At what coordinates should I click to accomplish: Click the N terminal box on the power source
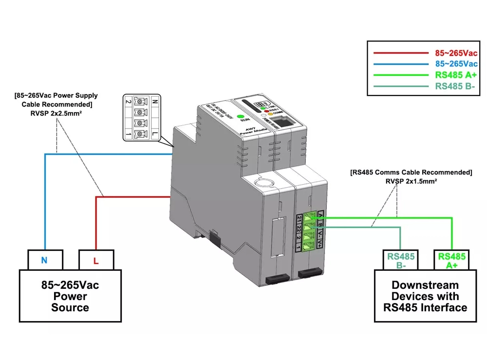tap(44, 260)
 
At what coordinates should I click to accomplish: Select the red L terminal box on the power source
tap(96, 261)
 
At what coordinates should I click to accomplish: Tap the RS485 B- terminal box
tap(400, 260)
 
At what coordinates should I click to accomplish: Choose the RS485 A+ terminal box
tap(451, 260)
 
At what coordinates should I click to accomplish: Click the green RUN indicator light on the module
tap(240, 116)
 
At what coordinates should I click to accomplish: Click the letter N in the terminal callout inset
tap(154, 102)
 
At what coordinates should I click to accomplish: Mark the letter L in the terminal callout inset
tap(154, 133)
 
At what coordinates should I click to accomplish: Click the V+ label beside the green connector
tap(319, 243)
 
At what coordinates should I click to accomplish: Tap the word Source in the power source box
tap(70, 307)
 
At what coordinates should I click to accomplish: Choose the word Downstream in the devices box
tap(425, 285)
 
